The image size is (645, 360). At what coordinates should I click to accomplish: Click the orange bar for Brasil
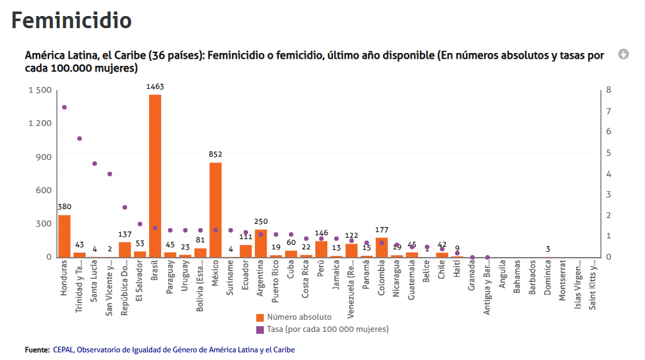(155, 176)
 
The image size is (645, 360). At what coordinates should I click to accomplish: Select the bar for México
(215, 210)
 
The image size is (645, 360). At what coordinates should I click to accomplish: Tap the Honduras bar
(64, 236)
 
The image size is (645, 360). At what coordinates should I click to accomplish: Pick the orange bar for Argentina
(261, 244)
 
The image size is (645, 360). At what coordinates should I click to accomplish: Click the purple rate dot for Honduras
(64, 107)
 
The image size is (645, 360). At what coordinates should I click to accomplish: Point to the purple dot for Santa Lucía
(95, 164)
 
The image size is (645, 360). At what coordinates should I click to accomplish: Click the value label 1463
(155, 86)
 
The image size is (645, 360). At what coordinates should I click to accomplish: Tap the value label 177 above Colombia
(382, 230)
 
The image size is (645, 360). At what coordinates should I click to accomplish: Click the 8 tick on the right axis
(609, 90)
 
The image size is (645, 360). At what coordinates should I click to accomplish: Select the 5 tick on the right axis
(609, 153)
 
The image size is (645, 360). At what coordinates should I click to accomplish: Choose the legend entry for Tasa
(327, 329)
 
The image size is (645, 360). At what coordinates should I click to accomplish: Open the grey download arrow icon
(623, 54)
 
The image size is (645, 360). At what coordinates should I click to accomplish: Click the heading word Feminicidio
(72, 20)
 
